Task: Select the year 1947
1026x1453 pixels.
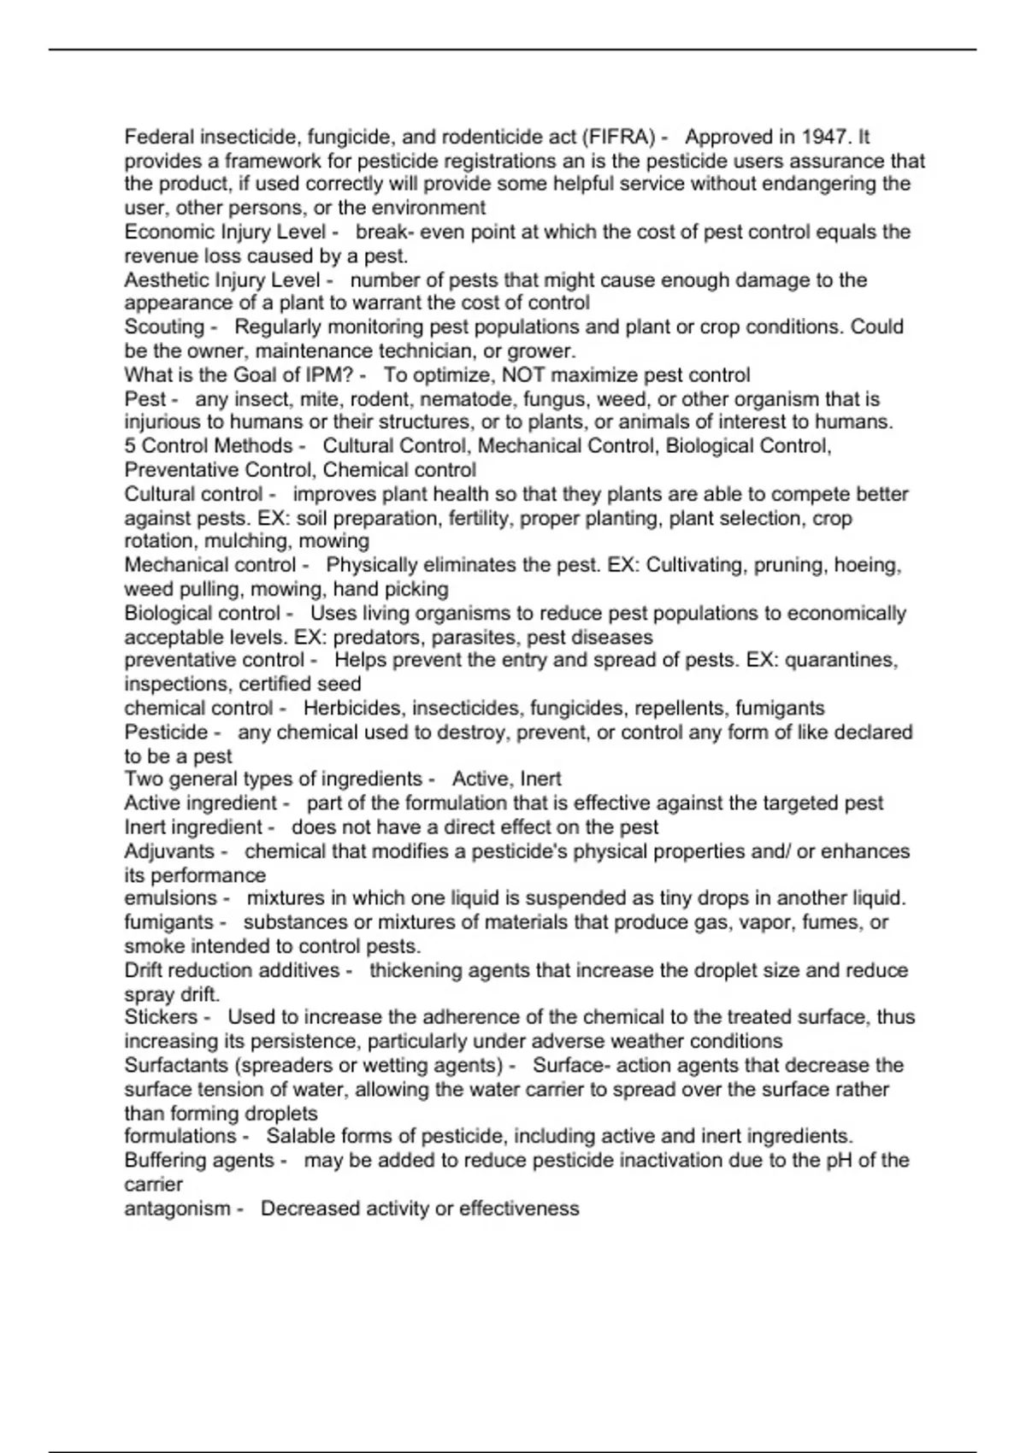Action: [823, 137]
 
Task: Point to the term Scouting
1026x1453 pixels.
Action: [164, 326]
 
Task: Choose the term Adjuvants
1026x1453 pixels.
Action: [169, 851]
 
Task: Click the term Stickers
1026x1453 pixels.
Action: [161, 1017]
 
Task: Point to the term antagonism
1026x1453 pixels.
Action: [177, 1209]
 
